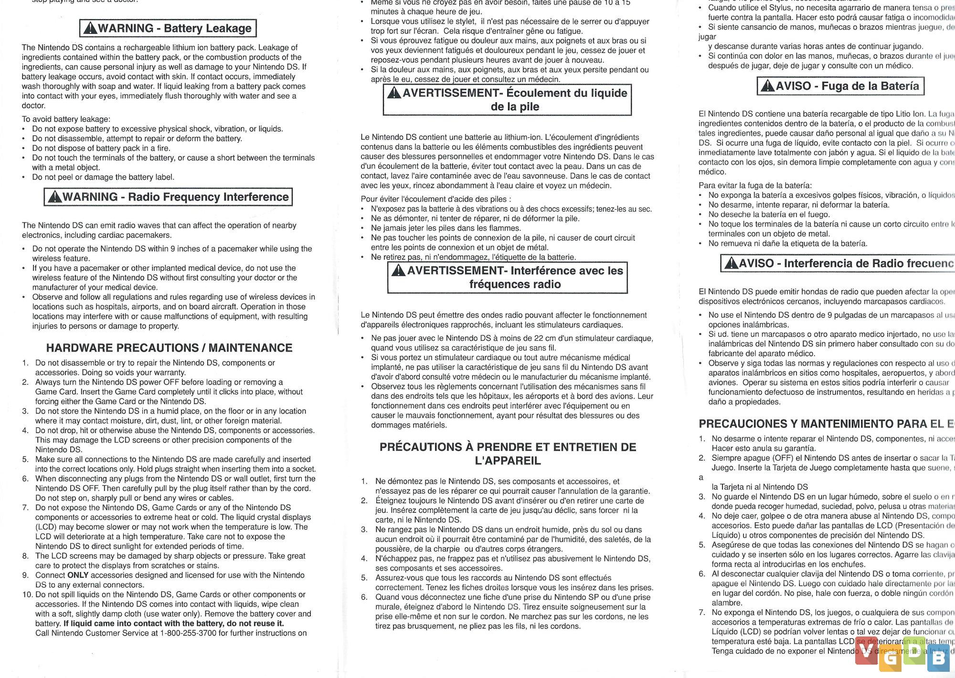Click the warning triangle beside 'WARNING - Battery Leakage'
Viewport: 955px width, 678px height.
pyautogui.click(x=90, y=28)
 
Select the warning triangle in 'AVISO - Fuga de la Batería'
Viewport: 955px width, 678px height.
pyautogui.click(x=767, y=86)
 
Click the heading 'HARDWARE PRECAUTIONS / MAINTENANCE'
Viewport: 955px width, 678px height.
pyautogui.click(x=169, y=348)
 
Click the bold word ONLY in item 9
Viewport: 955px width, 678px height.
pyautogui.click(x=78, y=575)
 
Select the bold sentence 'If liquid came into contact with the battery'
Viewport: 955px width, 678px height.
pyautogui.click(x=174, y=624)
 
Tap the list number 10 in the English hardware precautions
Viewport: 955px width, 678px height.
pyautogui.click(x=27, y=594)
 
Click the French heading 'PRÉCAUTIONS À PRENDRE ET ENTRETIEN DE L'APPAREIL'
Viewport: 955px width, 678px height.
pyautogui.click(x=508, y=454)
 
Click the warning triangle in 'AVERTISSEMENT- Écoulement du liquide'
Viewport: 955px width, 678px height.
pyautogui.click(x=394, y=93)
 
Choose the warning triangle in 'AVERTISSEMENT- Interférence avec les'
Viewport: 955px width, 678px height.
pyautogui.click(x=398, y=271)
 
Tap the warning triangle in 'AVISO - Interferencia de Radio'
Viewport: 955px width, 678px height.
pyautogui.click(x=731, y=263)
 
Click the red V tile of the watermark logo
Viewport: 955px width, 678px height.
pyautogui.click(x=866, y=655)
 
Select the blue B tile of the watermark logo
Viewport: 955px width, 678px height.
pyautogui.click(x=938, y=659)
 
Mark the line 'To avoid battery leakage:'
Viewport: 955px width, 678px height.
pyautogui.click(x=66, y=119)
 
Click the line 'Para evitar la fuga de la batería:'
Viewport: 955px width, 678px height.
pyautogui.click(x=755, y=185)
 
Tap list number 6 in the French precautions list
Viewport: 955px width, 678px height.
pyautogui.click(x=364, y=597)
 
